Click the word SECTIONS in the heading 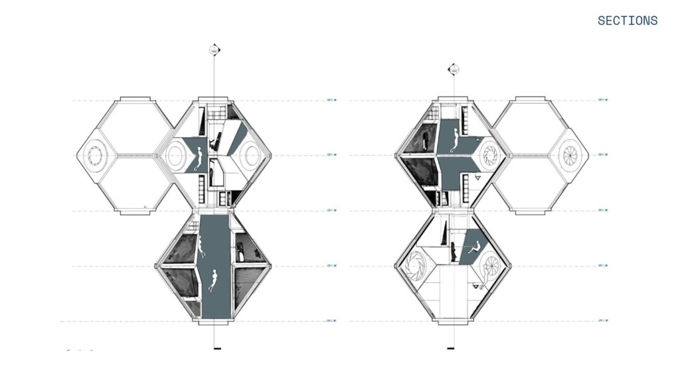pyautogui.click(x=627, y=21)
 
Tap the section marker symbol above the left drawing pyautogui.click(x=214, y=50)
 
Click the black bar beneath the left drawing pyautogui.click(x=216, y=348)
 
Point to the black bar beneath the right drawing pyautogui.click(x=451, y=348)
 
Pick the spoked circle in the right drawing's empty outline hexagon pyautogui.click(x=570, y=155)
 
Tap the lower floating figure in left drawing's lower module pyautogui.click(x=213, y=280)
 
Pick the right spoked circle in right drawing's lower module pyautogui.click(x=491, y=267)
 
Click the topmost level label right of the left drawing pyautogui.click(x=332, y=100)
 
